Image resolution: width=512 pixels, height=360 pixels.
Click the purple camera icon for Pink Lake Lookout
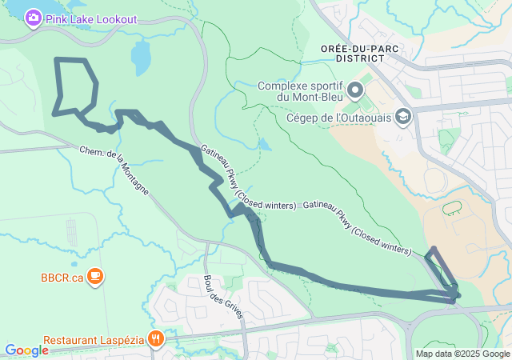pos(33,18)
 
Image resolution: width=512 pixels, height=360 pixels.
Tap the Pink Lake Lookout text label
pos(91,18)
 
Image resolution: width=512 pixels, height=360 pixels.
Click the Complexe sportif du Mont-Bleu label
pos(301,91)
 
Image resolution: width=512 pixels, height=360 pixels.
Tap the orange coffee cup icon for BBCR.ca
pos(94,277)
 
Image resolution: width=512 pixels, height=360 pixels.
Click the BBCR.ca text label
pos(62,278)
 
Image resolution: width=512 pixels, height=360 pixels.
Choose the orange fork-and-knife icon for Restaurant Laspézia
pos(155,339)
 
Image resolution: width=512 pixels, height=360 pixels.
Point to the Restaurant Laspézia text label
pos(94,340)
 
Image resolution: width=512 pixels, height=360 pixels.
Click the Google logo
pos(26,350)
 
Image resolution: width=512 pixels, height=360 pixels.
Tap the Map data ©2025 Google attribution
pos(462,354)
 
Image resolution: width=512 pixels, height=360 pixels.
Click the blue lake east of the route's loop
pos(140,57)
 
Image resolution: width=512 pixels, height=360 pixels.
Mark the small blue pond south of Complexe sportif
pos(264,145)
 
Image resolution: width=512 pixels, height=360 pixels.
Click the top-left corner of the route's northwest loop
pos(55,60)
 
